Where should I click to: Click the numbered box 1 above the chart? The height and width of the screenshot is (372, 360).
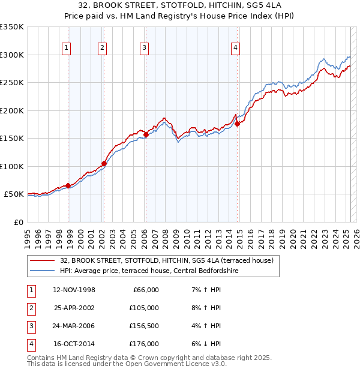[x=65, y=49]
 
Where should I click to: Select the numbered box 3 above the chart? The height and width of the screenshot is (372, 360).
[x=145, y=49]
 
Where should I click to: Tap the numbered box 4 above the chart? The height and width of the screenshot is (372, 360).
[x=236, y=49]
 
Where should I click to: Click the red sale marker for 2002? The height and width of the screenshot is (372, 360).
[x=104, y=163]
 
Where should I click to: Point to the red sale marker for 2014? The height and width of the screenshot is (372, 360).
[x=237, y=124]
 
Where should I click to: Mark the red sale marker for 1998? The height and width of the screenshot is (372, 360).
[x=68, y=185]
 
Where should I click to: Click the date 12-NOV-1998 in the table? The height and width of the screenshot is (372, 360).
[x=74, y=290]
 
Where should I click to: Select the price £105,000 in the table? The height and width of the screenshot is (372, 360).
[x=144, y=308]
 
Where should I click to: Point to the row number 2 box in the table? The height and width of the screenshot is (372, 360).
[x=31, y=308]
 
